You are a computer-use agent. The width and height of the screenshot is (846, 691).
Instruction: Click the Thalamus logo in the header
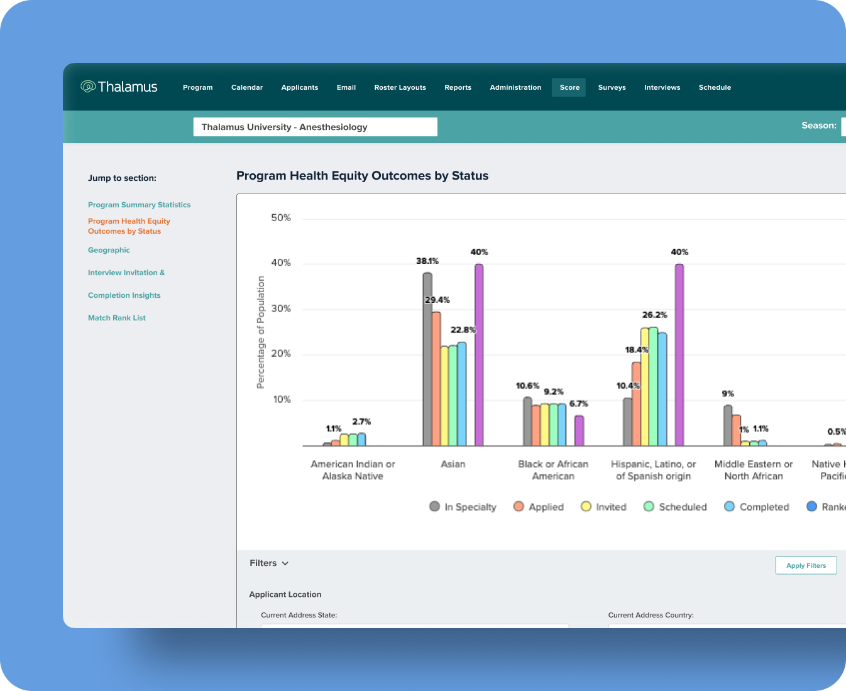click(119, 87)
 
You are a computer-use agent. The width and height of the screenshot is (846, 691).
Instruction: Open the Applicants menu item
click(300, 87)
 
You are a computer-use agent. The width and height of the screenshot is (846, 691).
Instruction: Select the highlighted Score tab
click(569, 87)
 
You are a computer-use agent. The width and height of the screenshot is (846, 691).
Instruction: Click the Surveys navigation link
click(612, 87)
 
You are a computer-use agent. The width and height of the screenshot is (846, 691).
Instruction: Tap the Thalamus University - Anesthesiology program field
click(315, 127)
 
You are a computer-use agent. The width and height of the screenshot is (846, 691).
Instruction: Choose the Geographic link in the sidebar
click(109, 250)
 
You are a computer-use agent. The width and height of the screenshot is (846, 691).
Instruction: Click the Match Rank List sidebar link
click(117, 318)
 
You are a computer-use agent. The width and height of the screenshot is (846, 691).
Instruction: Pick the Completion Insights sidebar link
click(124, 295)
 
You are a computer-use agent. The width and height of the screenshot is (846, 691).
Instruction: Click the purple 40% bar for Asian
click(479, 355)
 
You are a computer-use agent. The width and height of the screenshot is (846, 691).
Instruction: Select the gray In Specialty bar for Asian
click(427, 359)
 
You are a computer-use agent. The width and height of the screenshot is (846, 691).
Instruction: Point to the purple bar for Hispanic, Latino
click(679, 355)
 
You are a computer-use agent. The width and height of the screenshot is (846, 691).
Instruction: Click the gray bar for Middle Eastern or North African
click(728, 425)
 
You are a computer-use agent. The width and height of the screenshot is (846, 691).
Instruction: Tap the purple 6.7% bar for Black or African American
click(579, 430)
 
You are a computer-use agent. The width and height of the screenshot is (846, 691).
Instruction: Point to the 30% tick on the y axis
click(281, 308)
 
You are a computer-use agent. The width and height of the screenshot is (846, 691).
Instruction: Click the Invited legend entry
click(604, 507)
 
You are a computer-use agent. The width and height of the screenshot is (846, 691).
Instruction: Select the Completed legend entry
click(757, 507)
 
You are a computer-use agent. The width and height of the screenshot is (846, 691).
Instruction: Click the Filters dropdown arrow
click(285, 563)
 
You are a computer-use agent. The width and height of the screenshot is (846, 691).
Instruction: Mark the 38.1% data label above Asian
click(427, 261)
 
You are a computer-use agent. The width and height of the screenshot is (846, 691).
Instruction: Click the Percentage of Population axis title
click(261, 332)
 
